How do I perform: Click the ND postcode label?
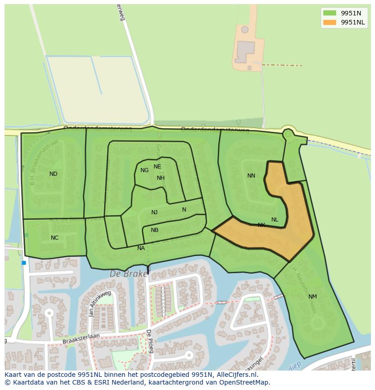(53, 174)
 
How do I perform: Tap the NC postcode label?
(54, 238)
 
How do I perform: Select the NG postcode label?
(144, 170)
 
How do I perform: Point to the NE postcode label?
(157, 167)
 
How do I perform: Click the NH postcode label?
(161, 178)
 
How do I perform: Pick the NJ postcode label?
(154, 212)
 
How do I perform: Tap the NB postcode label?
(154, 230)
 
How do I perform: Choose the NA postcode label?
(141, 248)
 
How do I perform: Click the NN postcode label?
(251, 176)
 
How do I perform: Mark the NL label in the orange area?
(275, 220)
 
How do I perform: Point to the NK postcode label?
(261, 225)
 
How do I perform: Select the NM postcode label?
(312, 297)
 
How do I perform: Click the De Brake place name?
(129, 274)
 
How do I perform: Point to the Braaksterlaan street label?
(81, 337)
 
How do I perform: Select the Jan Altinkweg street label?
(100, 304)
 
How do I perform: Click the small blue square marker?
(24, 263)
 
